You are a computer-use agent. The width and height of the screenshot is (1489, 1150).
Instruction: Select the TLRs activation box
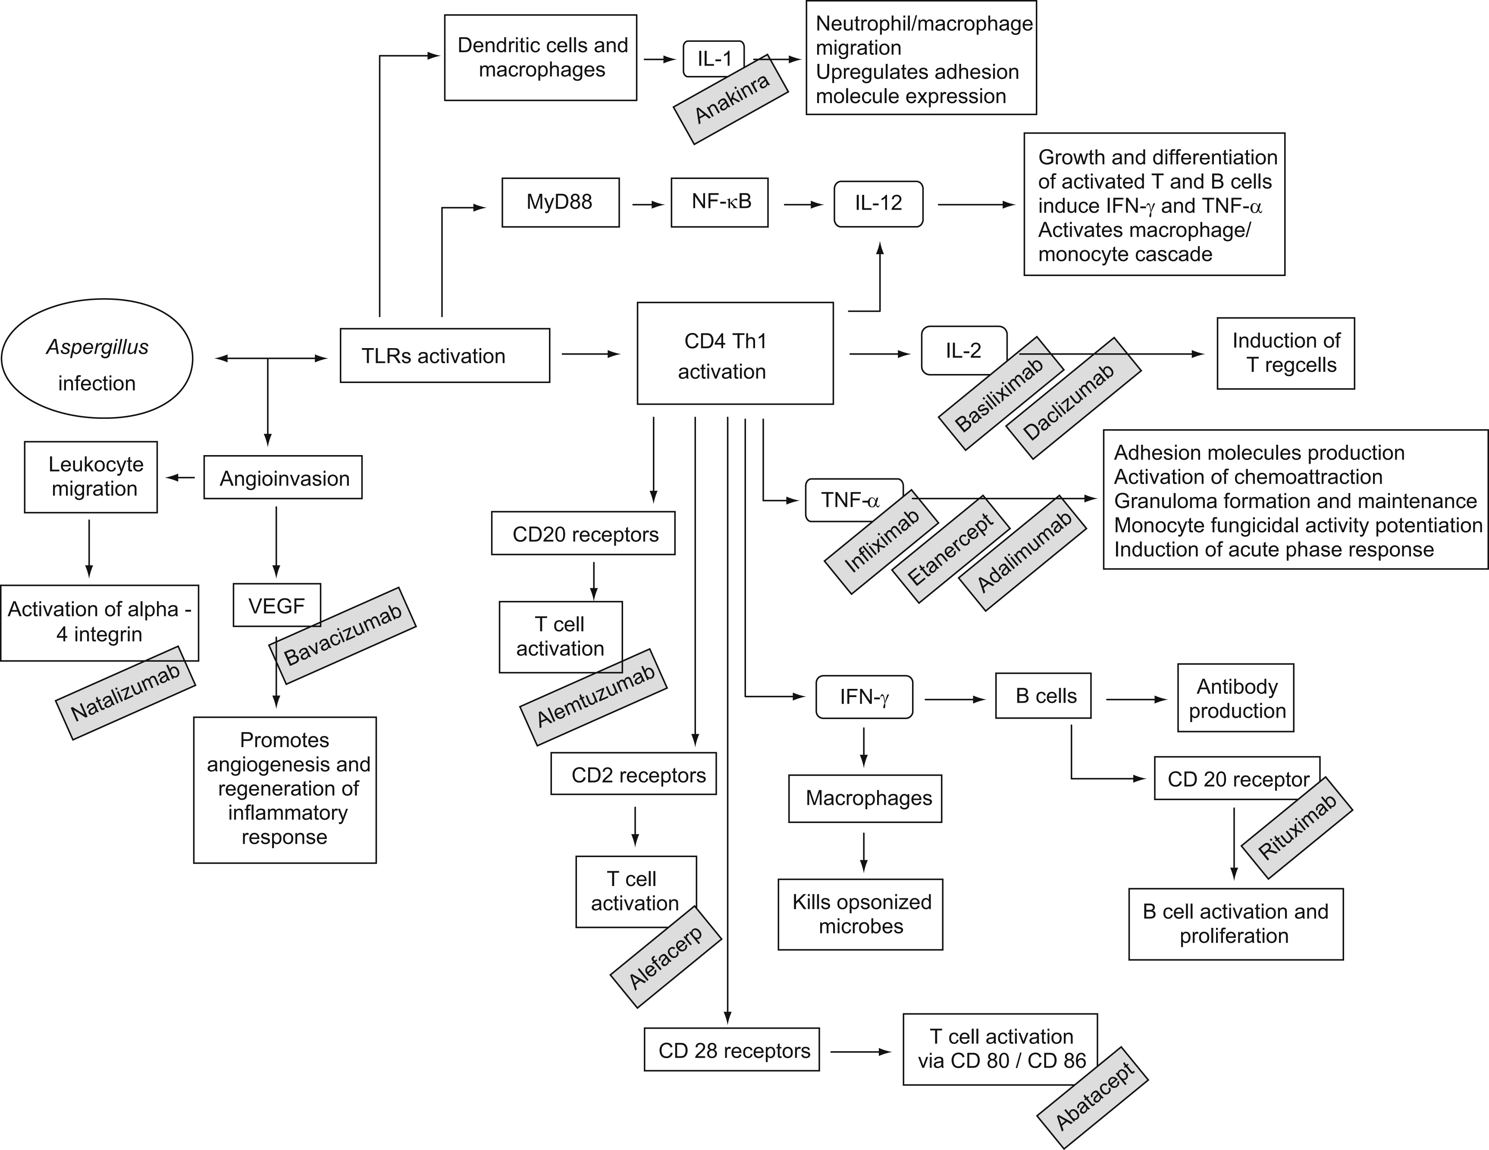tap(445, 355)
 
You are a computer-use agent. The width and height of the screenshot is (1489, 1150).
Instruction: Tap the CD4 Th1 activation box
tap(734, 353)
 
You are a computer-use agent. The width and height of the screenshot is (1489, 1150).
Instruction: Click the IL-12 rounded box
tap(878, 203)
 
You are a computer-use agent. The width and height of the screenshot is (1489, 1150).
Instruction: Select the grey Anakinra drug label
tap(731, 100)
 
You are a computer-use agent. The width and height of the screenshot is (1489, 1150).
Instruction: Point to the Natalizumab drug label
tap(125, 692)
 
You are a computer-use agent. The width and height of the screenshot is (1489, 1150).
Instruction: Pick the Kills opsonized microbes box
tap(860, 914)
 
